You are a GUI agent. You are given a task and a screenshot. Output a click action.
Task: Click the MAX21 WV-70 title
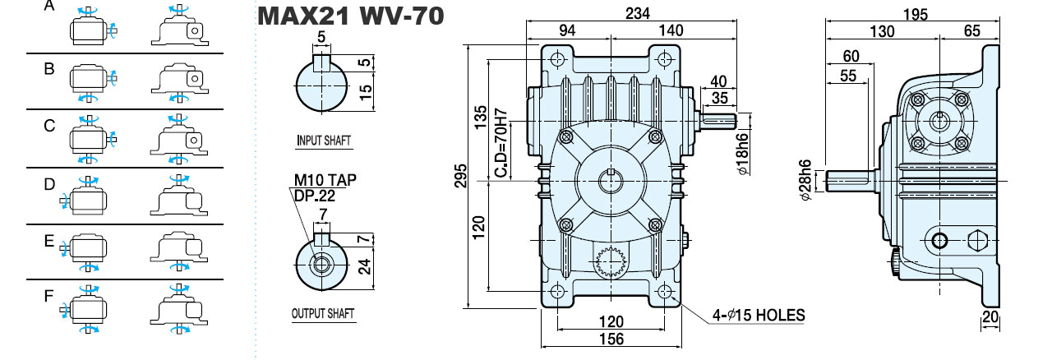[x=350, y=16]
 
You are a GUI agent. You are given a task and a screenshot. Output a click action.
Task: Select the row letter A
[x=48, y=5]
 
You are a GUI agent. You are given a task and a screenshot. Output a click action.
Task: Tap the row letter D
[x=49, y=184]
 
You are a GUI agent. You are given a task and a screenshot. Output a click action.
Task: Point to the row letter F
[x=48, y=296]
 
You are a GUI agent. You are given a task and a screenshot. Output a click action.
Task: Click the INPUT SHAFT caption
[x=324, y=140]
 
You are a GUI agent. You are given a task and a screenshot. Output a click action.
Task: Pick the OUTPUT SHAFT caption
[x=323, y=313]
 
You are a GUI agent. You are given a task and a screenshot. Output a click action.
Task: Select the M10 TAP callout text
[x=325, y=180]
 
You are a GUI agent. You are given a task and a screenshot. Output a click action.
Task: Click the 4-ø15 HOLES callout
[x=759, y=315]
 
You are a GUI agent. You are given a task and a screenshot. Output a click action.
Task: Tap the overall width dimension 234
[x=637, y=13]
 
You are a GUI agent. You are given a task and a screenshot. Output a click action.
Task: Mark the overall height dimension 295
[x=461, y=176]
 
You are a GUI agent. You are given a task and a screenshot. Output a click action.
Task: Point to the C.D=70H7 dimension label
[x=501, y=144]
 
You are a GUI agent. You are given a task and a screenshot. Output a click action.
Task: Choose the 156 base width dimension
[x=611, y=339]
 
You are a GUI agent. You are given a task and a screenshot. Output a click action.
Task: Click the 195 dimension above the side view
[x=916, y=15]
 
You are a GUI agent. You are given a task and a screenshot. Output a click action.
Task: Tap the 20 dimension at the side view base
[x=990, y=317]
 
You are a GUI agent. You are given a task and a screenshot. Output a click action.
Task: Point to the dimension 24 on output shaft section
[x=364, y=267]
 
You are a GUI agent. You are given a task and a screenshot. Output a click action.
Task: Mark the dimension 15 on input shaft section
[x=366, y=89]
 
